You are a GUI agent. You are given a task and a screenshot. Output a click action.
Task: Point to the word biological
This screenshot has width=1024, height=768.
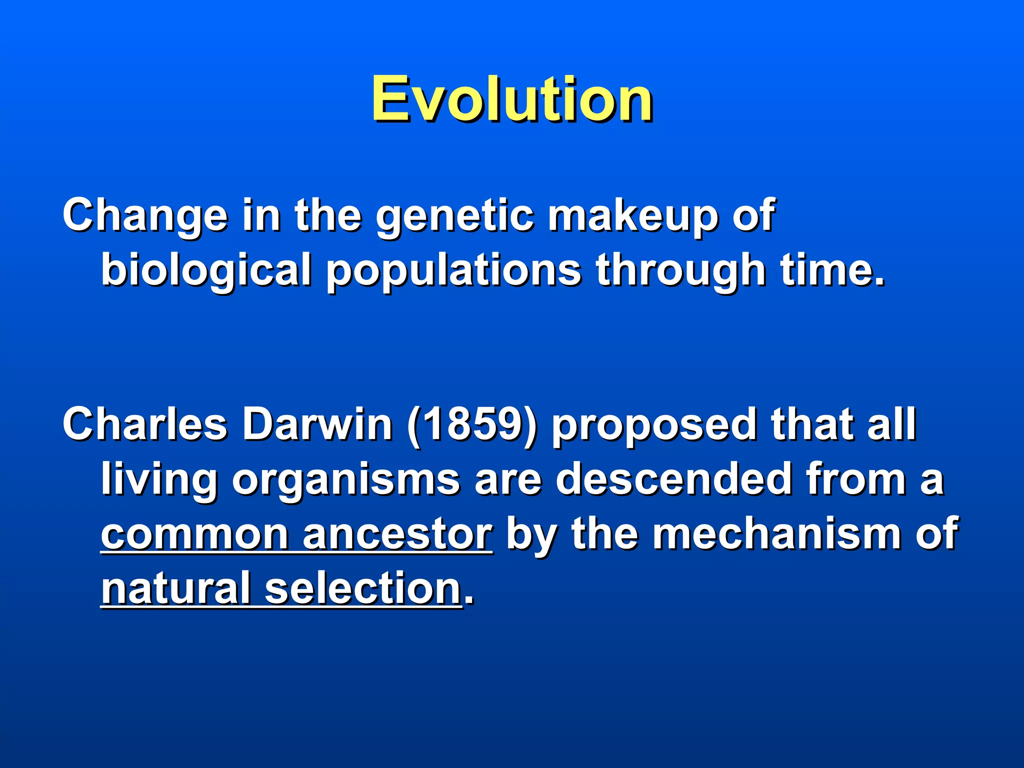(x=206, y=270)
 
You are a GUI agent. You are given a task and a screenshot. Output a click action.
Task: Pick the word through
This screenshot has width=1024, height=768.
(x=680, y=270)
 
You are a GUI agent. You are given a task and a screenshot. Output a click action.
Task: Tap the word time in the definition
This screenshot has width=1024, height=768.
(x=825, y=270)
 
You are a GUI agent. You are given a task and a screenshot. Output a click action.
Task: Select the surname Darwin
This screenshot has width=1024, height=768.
(x=317, y=424)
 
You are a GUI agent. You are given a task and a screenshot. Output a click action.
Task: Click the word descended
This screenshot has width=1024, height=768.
(x=673, y=478)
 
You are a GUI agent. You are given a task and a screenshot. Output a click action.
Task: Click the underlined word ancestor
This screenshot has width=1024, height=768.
(x=397, y=534)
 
